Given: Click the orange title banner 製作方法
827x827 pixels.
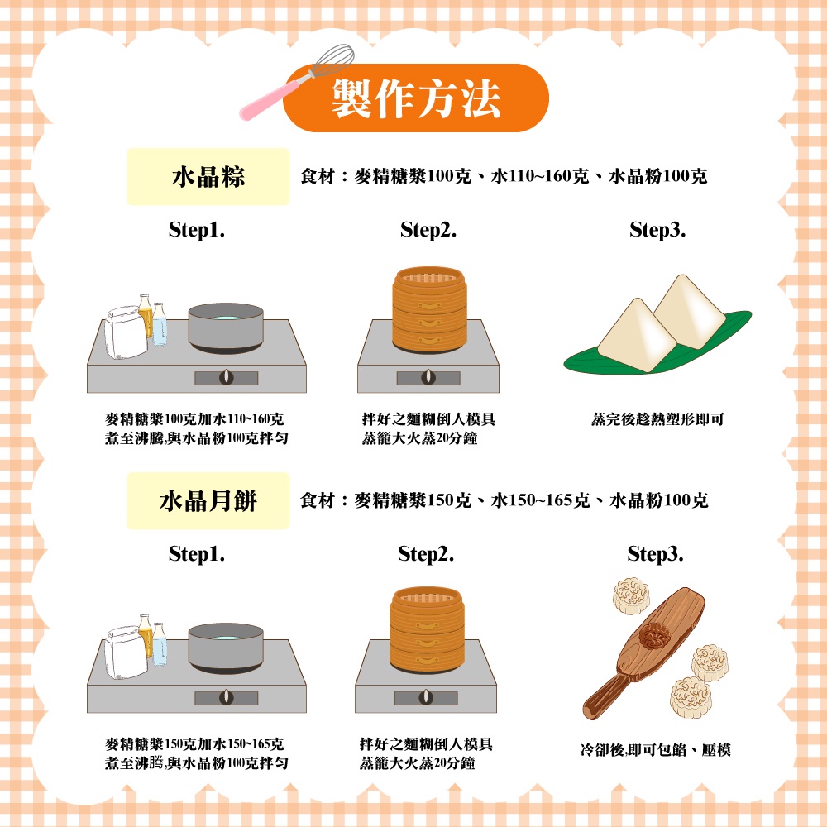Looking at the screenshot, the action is click(x=416, y=98).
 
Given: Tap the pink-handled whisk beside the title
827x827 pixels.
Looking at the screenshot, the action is click(x=296, y=82).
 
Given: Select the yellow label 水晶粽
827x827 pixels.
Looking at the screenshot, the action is click(x=208, y=177).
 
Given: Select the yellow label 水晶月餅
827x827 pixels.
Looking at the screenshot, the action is click(x=208, y=500).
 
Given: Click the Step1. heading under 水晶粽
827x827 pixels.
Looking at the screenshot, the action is click(x=197, y=230).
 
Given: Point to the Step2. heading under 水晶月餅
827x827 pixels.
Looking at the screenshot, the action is click(x=426, y=554).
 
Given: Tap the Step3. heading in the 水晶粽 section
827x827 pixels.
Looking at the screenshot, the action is click(x=657, y=230).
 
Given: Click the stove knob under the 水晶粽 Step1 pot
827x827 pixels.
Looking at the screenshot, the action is click(x=227, y=377).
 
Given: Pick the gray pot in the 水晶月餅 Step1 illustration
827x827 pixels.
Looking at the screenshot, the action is click(x=226, y=648).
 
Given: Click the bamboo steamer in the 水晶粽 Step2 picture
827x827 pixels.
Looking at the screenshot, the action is click(x=429, y=309).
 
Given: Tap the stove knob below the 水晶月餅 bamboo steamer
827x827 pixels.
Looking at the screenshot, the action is click(x=426, y=697).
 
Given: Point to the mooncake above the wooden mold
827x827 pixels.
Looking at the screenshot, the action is click(x=631, y=596).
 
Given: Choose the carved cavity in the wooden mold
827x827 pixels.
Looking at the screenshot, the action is click(x=654, y=635).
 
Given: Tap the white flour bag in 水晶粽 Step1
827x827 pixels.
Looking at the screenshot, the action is click(x=125, y=332).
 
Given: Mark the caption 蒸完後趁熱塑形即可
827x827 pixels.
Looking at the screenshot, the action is click(x=657, y=419).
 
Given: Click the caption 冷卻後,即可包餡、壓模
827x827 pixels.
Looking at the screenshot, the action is click(x=655, y=749).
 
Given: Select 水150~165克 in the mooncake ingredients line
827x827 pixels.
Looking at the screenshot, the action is click(x=540, y=500).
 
